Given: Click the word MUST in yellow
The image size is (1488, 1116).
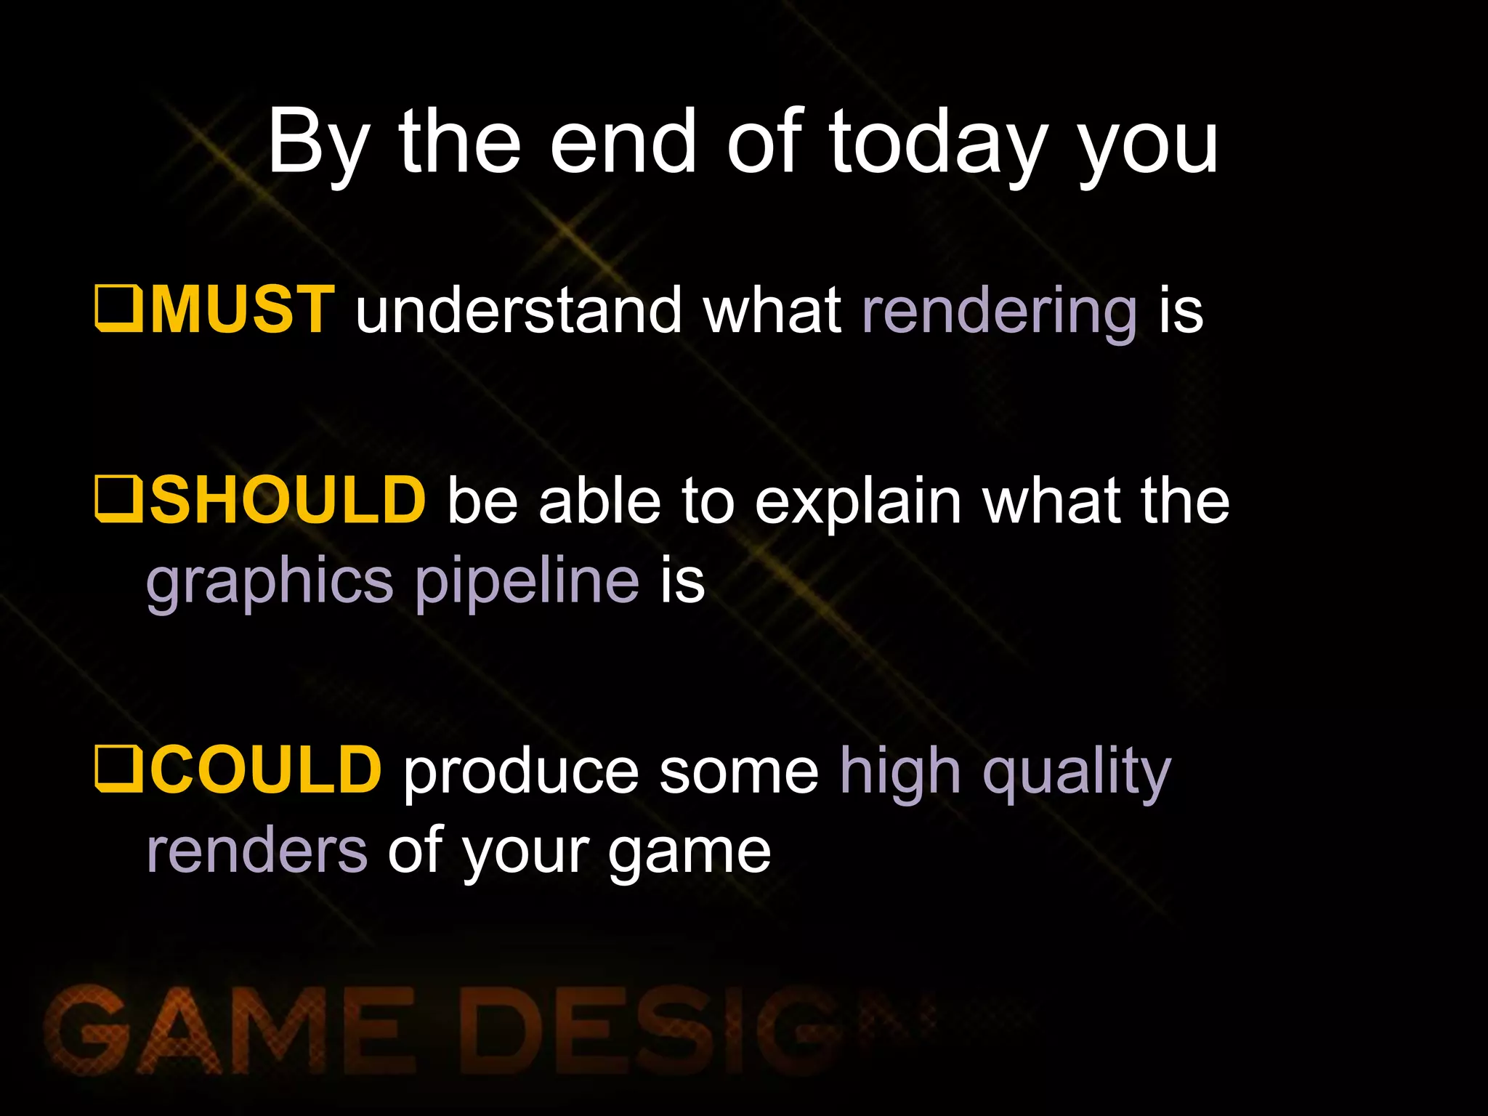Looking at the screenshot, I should (242, 310).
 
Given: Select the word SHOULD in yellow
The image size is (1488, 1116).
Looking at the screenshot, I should (288, 501).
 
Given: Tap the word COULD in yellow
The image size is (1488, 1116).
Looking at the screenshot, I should (266, 770).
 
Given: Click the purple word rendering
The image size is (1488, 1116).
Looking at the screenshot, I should (999, 312).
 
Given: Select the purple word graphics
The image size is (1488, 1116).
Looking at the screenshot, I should (270, 583).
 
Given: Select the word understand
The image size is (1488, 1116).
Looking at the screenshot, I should (518, 311).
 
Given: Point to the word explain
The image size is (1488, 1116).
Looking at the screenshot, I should (858, 503).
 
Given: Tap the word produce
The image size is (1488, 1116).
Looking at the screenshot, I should (520, 772).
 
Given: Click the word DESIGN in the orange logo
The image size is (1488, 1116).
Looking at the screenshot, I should (654, 1030).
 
